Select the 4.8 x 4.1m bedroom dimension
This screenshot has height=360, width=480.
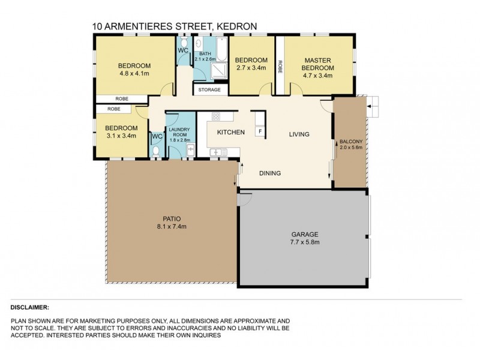coord(133,74)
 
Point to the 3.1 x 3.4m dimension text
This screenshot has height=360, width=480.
coord(122,136)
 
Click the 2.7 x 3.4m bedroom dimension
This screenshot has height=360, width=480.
coord(251,68)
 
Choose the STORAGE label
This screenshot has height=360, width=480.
coord(210,90)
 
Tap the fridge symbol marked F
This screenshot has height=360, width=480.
coord(259,131)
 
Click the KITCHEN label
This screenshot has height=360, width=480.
coord(230,133)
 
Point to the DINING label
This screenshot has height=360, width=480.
coord(270,173)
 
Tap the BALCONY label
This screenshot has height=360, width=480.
coord(350,142)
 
